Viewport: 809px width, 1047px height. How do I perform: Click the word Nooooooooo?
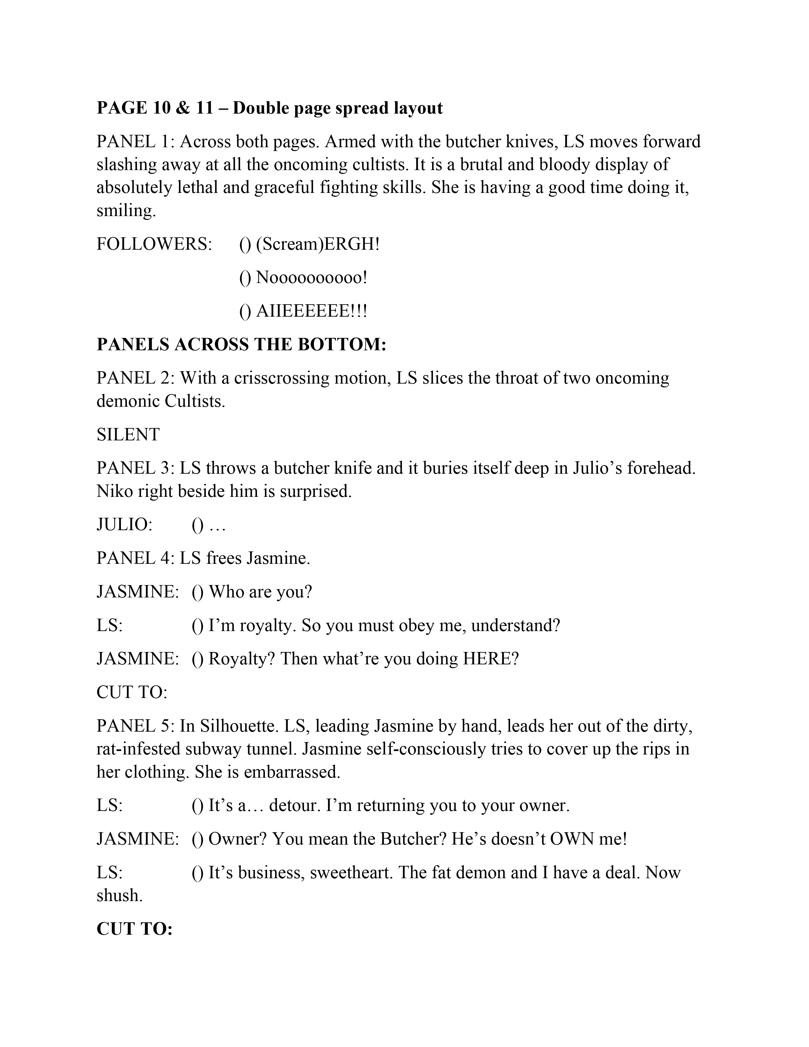312,278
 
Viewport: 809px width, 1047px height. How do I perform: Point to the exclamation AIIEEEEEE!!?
312,311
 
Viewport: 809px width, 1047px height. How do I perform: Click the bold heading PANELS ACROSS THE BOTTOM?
241,345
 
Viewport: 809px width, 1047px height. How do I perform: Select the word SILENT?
128,434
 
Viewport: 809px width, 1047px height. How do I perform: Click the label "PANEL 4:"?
136,558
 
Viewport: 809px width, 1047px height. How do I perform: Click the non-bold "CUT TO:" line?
132,692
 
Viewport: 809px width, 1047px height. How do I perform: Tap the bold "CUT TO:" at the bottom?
134,929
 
